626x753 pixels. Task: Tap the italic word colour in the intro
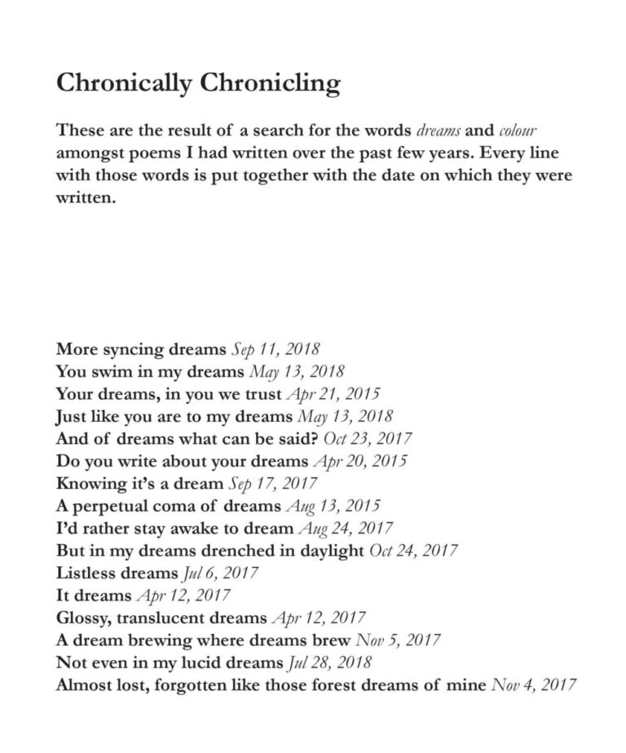518,131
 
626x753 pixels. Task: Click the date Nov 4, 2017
534,684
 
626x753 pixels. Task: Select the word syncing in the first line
132,351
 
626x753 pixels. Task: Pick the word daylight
331,550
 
